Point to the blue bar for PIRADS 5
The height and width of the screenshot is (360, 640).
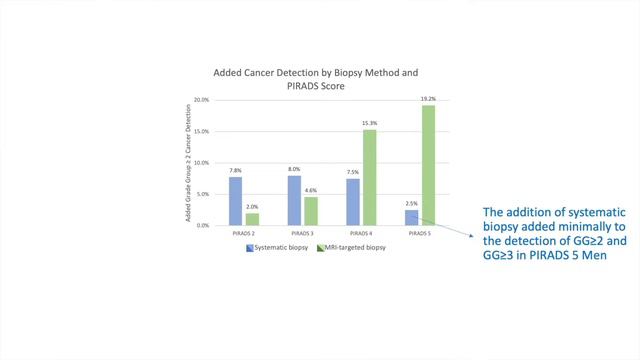tap(412, 217)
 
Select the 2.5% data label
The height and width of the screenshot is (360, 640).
tap(412, 203)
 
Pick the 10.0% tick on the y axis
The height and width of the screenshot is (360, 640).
tap(201, 163)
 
